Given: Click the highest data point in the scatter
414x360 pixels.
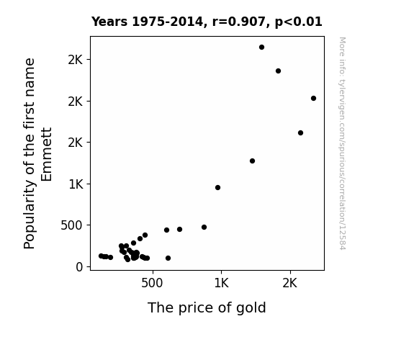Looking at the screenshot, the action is (261, 48).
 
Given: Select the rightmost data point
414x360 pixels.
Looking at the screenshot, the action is (313, 98).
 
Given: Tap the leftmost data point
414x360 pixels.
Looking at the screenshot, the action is (101, 256).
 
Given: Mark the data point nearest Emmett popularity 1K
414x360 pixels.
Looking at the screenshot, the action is (217, 187).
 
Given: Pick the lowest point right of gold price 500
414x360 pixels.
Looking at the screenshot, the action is (168, 258).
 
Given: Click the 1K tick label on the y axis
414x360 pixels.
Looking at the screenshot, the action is (76, 184).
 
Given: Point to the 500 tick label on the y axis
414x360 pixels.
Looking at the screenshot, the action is (72, 225).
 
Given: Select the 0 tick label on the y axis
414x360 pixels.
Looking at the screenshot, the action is (79, 267).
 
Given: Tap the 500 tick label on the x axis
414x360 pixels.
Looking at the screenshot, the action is (152, 283).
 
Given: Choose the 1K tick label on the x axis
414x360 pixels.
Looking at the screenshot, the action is (221, 283).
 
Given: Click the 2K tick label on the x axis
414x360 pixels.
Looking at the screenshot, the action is (290, 283).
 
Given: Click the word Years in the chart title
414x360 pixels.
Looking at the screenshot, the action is (109, 22).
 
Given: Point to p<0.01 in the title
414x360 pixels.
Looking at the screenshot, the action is (299, 22).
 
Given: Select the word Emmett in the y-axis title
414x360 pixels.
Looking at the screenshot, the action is (47, 155).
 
